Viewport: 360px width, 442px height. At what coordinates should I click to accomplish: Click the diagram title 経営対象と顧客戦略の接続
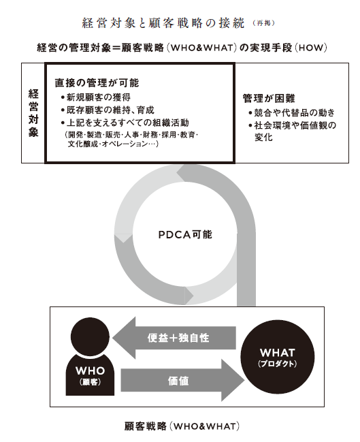(163, 23)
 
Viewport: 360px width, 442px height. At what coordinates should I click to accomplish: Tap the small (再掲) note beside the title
(263, 23)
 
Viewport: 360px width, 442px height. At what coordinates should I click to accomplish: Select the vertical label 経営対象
(33, 113)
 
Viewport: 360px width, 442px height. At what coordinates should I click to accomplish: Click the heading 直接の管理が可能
(97, 83)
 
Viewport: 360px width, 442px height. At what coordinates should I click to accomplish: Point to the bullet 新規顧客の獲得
(96, 97)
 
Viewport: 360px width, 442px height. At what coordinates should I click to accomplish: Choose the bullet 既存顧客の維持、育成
(108, 110)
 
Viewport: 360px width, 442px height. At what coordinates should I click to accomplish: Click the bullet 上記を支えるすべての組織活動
(125, 123)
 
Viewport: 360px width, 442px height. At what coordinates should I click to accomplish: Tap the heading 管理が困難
(269, 98)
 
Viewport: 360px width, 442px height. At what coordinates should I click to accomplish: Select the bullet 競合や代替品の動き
(292, 113)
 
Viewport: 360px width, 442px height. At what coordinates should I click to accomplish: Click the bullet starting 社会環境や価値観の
(293, 131)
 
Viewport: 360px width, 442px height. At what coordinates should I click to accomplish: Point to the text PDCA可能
(185, 234)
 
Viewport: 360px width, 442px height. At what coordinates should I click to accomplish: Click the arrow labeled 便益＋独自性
(174, 338)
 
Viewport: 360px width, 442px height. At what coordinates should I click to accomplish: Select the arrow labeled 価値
(182, 381)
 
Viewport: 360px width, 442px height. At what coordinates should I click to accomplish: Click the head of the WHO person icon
(90, 337)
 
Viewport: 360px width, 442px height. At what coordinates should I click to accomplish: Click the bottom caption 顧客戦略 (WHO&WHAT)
(182, 426)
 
